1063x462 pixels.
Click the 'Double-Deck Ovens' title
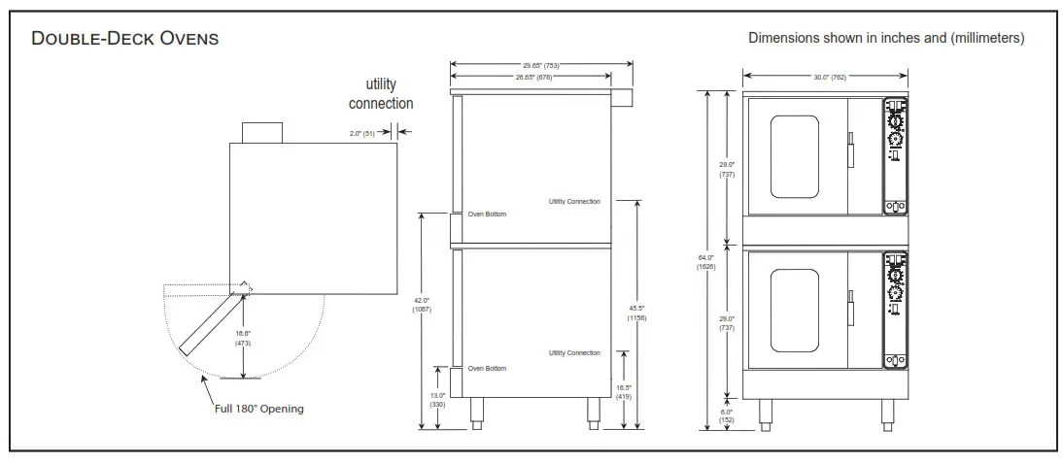pos(125,39)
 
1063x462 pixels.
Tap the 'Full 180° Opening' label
pos(258,409)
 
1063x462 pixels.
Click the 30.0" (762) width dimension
pos(825,77)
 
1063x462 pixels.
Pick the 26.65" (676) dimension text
pos(531,77)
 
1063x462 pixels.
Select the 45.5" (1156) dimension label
pos(637,312)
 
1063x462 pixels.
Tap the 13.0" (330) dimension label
pos(436,399)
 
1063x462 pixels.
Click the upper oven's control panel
pos(895,155)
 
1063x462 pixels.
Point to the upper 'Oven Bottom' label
pos(487,214)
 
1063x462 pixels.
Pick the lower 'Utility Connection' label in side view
pos(574,352)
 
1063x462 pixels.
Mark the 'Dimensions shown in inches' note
pos(885,38)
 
